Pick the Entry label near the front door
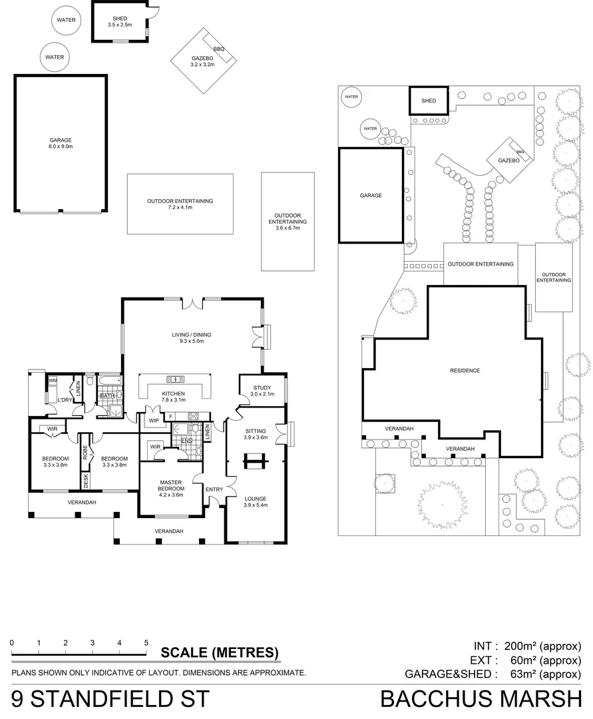point(214,490)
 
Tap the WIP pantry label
point(153,421)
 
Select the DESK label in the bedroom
point(86,479)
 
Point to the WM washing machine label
point(52,381)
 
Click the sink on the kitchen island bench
point(176,379)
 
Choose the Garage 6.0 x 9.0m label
point(61,144)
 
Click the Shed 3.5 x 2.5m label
point(120,21)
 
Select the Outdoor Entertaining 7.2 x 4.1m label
point(180,204)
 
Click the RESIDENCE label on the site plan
point(465,371)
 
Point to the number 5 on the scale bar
point(146,643)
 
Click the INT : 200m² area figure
point(527,646)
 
